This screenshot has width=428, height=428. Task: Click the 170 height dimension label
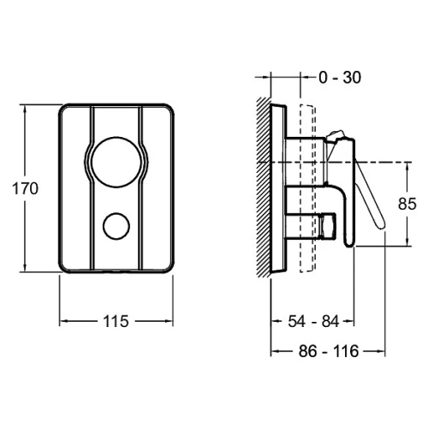point(25,188)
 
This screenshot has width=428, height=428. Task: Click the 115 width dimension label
point(116,321)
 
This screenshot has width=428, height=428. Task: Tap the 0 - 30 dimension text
point(340,77)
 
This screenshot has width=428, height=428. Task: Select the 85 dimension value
point(407,204)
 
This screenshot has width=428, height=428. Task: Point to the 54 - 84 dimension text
point(313,321)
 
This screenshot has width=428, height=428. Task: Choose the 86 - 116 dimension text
point(329,351)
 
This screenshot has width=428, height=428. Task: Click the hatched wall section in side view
point(264,187)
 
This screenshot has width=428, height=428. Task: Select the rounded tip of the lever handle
point(381,224)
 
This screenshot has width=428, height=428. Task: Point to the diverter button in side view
point(328,226)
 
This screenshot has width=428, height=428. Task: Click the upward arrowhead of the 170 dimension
point(25,109)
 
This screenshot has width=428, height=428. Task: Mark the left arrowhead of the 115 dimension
point(63,321)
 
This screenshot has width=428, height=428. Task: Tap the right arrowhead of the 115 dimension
point(169,321)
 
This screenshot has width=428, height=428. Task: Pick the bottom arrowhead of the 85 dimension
point(407,241)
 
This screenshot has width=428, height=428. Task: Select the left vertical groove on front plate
point(92,188)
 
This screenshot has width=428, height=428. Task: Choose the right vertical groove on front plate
point(140,188)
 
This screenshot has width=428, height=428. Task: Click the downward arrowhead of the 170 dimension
point(25,268)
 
